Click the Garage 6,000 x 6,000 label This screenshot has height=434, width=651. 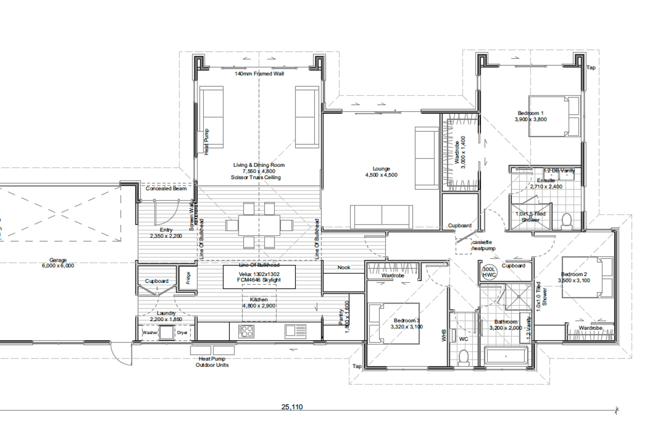pyautogui.click(x=58, y=263)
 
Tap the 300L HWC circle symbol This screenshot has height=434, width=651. pyautogui.click(x=489, y=272)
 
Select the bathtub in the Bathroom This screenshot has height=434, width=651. pyautogui.click(x=506, y=356)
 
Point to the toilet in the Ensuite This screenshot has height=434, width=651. pyautogui.click(x=567, y=221)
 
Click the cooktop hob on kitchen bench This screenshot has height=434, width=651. pyautogui.click(x=246, y=331)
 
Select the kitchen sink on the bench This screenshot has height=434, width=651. pyautogui.click(x=295, y=331)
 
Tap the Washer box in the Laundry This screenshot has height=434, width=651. pyautogui.click(x=150, y=333)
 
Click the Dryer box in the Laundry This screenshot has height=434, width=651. pyautogui.click(x=182, y=333)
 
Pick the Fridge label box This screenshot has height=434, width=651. pyautogui.click(x=188, y=278)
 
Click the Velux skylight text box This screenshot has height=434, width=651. pyautogui.click(x=259, y=277)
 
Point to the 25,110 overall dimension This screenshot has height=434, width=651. pyautogui.click(x=292, y=407)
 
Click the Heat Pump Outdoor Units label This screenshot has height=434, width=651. pyautogui.click(x=212, y=362)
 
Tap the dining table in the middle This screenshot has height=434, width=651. pyautogui.click(x=259, y=225)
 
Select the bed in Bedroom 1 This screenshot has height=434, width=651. pyautogui.click(x=554, y=116)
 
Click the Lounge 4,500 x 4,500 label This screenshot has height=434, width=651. pyautogui.click(x=381, y=172)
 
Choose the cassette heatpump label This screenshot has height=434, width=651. pyautogui.click(x=484, y=245)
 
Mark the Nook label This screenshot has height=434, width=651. pyautogui.click(x=344, y=268)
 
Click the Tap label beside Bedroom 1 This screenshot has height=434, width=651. pyautogui.click(x=591, y=67)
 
